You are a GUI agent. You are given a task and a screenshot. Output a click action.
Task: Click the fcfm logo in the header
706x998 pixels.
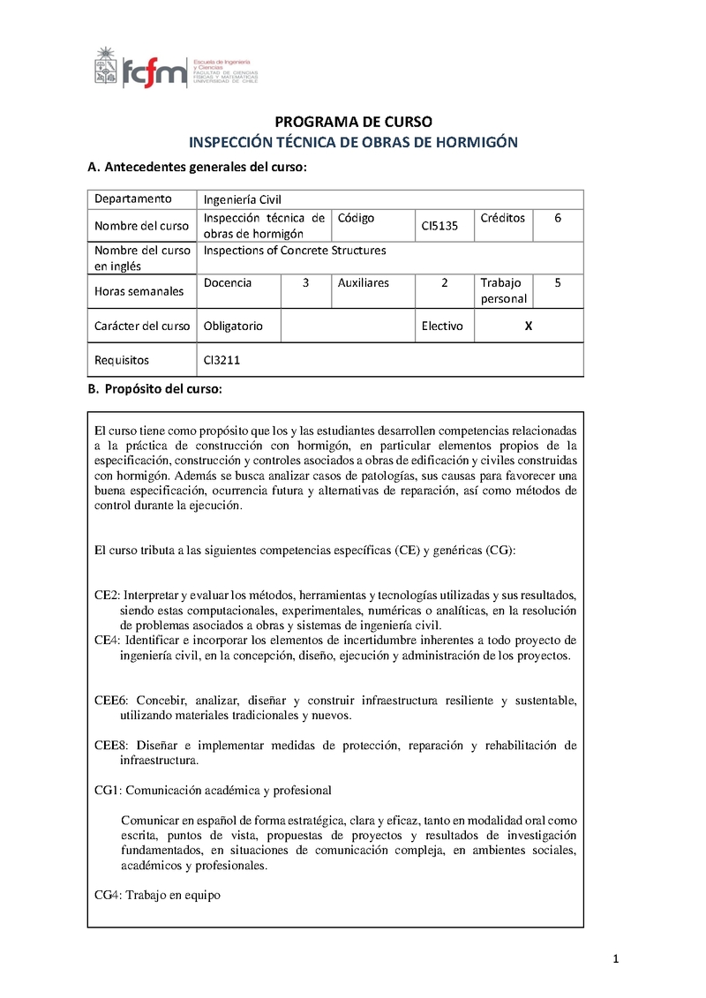(141, 69)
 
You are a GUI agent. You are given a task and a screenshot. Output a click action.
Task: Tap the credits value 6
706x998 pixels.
(558, 218)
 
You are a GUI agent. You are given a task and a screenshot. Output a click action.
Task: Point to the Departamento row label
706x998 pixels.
(133, 199)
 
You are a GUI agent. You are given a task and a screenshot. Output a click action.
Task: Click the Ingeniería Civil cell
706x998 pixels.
(242, 199)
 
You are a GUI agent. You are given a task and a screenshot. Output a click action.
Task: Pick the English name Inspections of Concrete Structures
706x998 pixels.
(295, 251)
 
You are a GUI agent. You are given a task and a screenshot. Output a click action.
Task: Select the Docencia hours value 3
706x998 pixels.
(305, 283)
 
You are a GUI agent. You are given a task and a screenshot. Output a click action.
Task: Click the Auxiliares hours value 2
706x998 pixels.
(445, 283)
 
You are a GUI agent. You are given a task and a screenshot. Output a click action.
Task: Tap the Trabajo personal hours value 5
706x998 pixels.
(558, 283)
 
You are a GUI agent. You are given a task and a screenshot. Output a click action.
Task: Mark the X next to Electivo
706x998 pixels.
(529, 326)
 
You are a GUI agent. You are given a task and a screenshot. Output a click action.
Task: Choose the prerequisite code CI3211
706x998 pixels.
(221, 360)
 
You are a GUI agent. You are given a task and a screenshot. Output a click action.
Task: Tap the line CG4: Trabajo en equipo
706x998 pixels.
(157, 895)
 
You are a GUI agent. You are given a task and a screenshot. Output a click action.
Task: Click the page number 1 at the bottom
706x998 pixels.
(616, 959)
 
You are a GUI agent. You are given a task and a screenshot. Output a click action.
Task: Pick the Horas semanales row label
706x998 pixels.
(139, 291)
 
